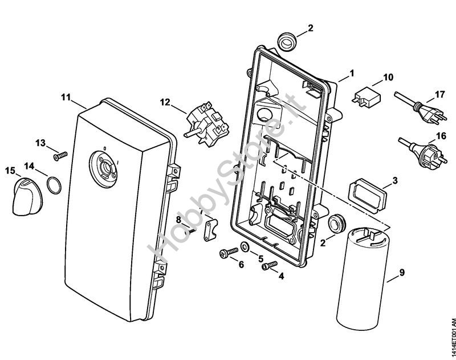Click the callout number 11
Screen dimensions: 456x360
(66, 97)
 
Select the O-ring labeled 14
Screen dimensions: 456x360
(54, 184)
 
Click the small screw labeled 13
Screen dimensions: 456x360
(60, 156)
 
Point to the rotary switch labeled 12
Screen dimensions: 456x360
(207, 123)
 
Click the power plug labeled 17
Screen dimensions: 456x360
(420, 108)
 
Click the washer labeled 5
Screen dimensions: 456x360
(245, 248)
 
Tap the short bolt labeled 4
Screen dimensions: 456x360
(270, 265)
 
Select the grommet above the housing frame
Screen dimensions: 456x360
(287, 42)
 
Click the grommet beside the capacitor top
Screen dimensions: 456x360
(336, 224)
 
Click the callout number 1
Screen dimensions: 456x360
(352, 74)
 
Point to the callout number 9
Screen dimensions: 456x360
(402, 273)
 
